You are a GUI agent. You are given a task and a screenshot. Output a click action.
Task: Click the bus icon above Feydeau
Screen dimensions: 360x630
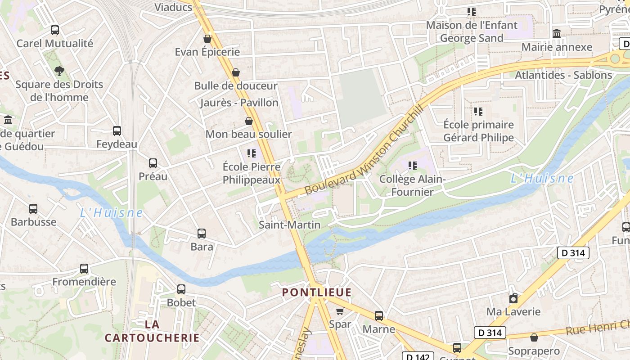pyautogui.click(x=117, y=131)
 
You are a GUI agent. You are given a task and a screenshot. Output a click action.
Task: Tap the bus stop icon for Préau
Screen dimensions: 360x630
pyautogui.click(x=153, y=163)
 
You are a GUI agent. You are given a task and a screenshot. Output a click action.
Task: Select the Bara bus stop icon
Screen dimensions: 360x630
pyautogui.click(x=202, y=234)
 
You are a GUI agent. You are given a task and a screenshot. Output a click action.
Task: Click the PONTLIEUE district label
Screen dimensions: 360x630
pyautogui.click(x=317, y=292)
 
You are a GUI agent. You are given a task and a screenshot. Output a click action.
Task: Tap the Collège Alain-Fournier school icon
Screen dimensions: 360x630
pyautogui.click(x=413, y=166)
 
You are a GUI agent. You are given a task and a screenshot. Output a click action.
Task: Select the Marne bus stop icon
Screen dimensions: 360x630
pyautogui.click(x=379, y=316)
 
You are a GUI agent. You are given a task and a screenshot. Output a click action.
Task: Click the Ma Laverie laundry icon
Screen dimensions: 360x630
pyautogui.click(x=513, y=298)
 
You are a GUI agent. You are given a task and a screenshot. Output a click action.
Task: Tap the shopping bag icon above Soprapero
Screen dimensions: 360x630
pyautogui.click(x=534, y=337)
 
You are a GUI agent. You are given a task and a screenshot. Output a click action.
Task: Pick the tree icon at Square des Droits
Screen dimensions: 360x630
pyautogui.click(x=59, y=71)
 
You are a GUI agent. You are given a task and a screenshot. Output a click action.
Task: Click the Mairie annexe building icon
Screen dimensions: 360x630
pyautogui.click(x=557, y=34)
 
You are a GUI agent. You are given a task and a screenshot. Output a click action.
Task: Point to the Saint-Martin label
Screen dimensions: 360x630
pyautogui.click(x=290, y=225)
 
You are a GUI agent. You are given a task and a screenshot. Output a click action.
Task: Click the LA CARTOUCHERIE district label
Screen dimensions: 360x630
pyautogui.click(x=152, y=331)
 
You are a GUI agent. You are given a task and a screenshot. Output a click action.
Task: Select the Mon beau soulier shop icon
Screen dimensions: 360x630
pyautogui.click(x=249, y=121)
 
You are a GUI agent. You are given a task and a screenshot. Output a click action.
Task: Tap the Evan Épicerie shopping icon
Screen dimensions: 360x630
pyautogui.click(x=207, y=39)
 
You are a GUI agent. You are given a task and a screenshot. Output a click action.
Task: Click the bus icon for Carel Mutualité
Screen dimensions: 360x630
pyautogui.click(x=55, y=30)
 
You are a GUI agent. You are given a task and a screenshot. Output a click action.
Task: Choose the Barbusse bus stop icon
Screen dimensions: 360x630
pyautogui.click(x=33, y=209)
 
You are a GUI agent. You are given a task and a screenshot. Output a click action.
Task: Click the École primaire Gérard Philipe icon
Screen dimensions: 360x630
pyautogui.click(x=478, y=111)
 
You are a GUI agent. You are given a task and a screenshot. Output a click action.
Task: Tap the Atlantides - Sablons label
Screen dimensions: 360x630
pyautogui.click(x=563, y=75)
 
